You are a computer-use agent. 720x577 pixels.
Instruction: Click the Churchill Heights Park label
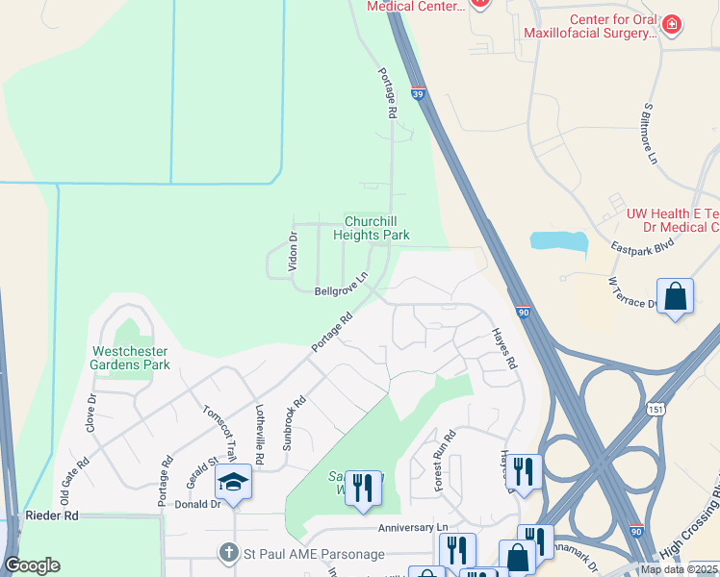[372, 228]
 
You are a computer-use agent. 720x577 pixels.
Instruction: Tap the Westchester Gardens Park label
[130, 358]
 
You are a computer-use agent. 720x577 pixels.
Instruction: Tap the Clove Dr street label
[92, 412]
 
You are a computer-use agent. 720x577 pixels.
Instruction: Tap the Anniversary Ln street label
[414, 528]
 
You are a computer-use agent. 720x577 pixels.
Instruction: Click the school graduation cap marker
[233, 481]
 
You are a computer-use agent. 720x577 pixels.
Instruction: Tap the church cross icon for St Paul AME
[228, 553]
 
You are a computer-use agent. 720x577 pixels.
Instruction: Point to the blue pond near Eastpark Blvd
[558, 243]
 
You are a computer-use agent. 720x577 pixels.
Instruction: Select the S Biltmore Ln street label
[651, 133]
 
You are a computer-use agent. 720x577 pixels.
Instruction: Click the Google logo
[32, 565]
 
